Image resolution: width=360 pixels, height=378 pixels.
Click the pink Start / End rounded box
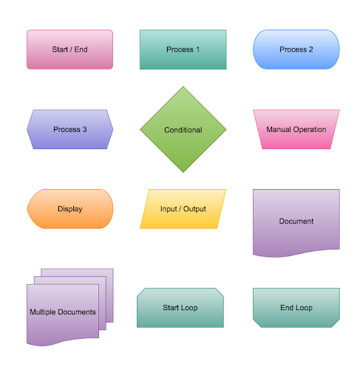[x=69, y=49]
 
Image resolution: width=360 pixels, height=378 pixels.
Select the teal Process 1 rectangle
[x=183, y=49]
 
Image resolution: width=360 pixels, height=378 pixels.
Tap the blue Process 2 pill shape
[x=296, y=49]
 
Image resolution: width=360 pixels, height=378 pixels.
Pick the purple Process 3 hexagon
[x=70, y=129]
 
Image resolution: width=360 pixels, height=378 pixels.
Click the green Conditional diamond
[x=183, y=129]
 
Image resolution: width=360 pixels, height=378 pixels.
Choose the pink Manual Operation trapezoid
[x=296, y=129]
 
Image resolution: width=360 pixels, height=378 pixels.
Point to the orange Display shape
[x=70, y=209]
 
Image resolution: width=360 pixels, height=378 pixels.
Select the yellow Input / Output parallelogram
[x=183, y=209]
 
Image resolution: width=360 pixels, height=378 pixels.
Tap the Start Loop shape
[x=180, y=308]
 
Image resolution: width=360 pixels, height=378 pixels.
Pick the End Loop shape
[x=296, y=308]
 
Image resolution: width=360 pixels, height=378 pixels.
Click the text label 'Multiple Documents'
[x=63, y=312]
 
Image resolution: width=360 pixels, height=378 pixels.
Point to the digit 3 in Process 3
[x=84, y=129]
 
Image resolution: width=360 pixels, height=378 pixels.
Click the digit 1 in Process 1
[x=197, y=49]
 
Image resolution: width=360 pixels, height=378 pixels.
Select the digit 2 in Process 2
[x=310, y=49]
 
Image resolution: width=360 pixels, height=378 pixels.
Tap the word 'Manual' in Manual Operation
[x=279, y=129]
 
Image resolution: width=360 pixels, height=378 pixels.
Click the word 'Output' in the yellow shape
[x=194, y=209]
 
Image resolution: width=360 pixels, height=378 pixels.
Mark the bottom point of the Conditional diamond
[x=183, y=173]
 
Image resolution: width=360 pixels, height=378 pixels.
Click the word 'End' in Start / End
[x=81, y=49]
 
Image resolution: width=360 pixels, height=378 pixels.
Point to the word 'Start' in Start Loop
[x=171, y=308]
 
